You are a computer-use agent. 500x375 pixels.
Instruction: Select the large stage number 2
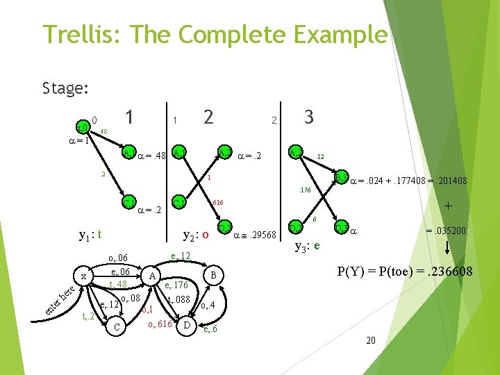(x=208, y=118)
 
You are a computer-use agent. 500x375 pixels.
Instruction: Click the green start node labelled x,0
(x=82, y=127)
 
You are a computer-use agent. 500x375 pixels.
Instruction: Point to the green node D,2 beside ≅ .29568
(x=224, y=227)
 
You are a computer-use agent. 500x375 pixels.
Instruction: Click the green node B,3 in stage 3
(x=340, y=178)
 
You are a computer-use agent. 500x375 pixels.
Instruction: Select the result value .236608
(x=445, y=272)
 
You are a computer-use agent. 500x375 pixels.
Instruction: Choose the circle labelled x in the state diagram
(x=83, y=276)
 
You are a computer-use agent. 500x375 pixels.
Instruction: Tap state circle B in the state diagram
(x=215, y=276)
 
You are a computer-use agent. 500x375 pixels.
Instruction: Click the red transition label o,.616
(x=160, y=324)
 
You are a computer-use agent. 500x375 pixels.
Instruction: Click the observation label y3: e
(x=307, y=245)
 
